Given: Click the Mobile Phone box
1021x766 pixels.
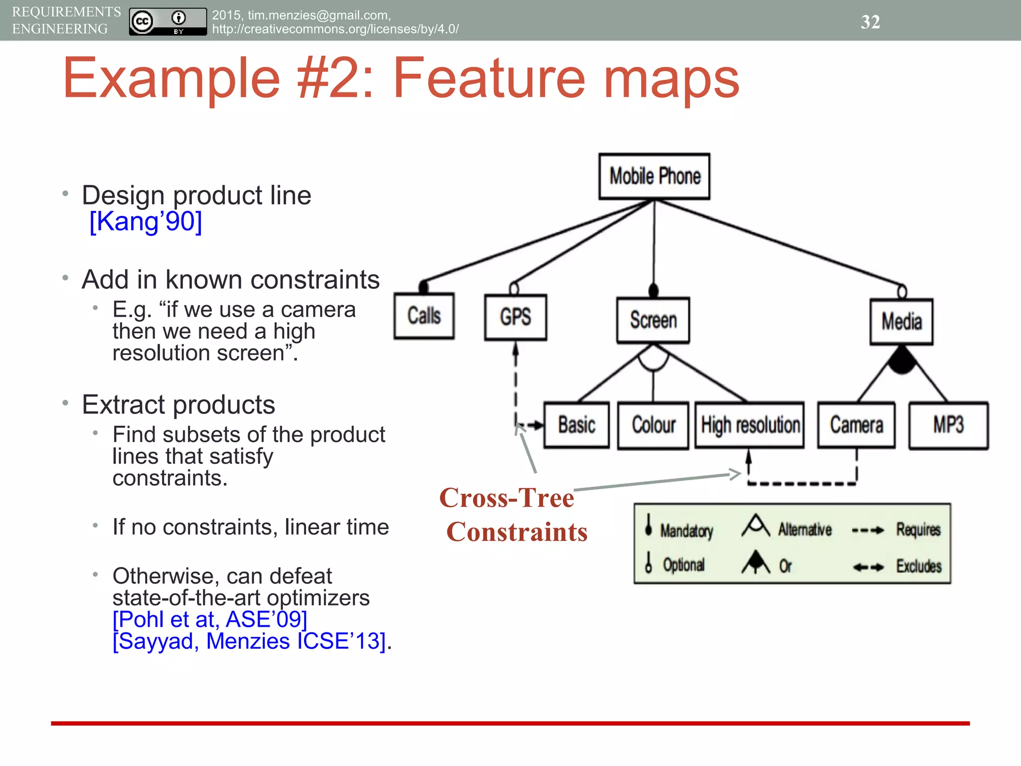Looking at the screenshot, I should (654, 176).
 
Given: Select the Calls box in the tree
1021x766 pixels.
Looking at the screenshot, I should (424, 316).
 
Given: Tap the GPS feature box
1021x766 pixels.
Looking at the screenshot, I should (515, 317).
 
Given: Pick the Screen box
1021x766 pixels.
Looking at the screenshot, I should (653, 320).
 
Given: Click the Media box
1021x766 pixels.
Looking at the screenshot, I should (901, 322).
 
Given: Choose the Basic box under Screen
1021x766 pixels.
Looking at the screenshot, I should (576, 425).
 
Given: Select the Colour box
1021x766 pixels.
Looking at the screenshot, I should (653, 425).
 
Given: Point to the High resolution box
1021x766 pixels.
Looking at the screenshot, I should (750, 425).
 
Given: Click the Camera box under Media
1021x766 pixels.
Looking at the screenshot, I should (856, 425).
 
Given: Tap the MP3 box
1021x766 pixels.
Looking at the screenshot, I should (948, 425).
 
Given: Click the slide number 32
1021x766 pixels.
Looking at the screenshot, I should (870, 22).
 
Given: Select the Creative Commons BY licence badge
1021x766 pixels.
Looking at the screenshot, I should (168, 21).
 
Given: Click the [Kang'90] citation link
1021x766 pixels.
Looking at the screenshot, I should (146, 221).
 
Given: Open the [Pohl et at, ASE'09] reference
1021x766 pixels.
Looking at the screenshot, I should (210, 619).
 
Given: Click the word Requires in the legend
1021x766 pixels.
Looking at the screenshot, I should (918, 530).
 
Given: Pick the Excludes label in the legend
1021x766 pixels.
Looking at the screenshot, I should (919, 566).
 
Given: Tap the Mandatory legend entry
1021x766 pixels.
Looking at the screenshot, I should (686, 531).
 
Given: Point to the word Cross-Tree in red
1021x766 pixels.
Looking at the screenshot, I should (507, 498).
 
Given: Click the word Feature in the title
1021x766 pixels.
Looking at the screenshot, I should (489, 78).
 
